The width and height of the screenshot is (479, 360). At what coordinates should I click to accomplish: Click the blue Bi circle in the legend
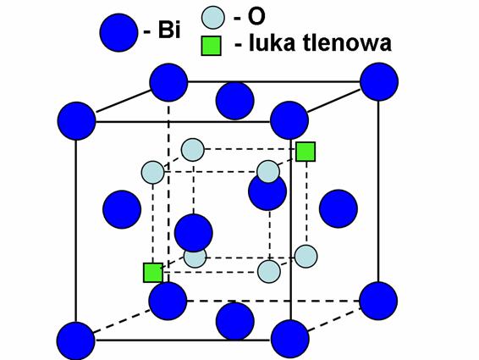pyautogui.click(x=118, y=32)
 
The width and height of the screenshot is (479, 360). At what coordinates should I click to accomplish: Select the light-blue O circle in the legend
pyautogui.click(x=213, y=18)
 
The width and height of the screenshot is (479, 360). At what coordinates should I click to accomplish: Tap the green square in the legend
pyautogui.click(x=211, y=46)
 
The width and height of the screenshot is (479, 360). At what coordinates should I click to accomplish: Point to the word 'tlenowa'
pyautogui.click(x=347, y=43)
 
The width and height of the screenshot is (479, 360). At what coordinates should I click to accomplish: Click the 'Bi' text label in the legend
pyautogui.click(x=169, y=30)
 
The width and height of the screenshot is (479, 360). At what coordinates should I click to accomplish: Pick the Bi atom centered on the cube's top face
pyautogui.click(x=235, y=101)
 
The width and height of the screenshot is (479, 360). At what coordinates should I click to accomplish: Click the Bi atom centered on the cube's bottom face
pyautogui.click(x=235, y=320)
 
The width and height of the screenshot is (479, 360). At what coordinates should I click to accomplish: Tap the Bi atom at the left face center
pyautogui.click(x=122, y=209)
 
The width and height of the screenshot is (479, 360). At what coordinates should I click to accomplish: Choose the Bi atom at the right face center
pyautogui.click(x=339, y=208)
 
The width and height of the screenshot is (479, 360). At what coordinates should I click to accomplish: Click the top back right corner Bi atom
pyautogui.click(x=379, y=81)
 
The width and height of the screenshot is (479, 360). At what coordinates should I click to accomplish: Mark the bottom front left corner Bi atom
pyautogui.click(x=76, y=341)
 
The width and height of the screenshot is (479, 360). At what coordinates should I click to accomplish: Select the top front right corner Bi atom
pyautogui.click(x=289, y=120)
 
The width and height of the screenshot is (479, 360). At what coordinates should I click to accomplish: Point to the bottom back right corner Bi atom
pyautogui.click(x=378, y=301)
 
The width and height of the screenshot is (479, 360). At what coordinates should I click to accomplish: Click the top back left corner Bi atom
pyautogui.click(x=168, y=82)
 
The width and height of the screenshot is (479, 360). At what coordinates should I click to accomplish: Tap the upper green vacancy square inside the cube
pyautogui.click(x=306, y=152)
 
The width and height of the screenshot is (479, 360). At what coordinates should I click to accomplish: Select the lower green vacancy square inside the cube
pyautogui.click(x=153, y=273)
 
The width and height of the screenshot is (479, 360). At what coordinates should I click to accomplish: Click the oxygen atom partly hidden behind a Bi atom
pyautogui.click(x=195, y=258)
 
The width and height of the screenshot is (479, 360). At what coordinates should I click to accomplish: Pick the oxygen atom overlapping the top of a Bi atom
pyautogui.click(x=268, y=172)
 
